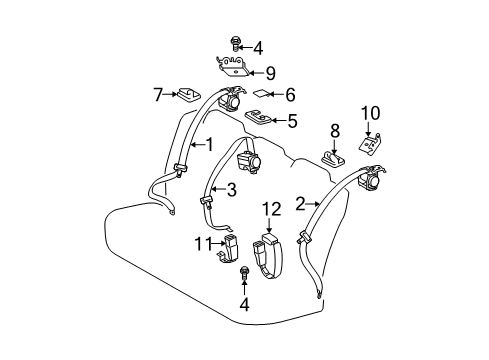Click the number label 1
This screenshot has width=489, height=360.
208,144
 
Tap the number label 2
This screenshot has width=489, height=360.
299,205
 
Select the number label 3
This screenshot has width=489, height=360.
232,190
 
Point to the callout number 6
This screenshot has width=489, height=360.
291,95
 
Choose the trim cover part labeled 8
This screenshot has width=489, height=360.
332,157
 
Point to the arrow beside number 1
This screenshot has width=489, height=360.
194,144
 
